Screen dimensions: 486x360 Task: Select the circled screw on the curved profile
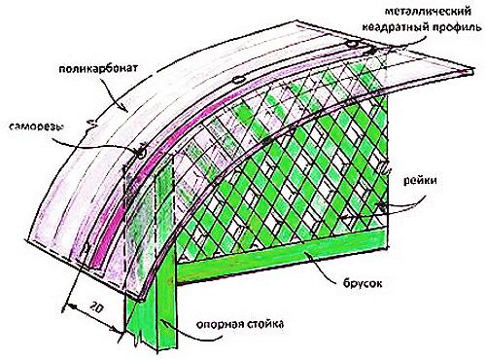pyautogui.click(x=139, y=152)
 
